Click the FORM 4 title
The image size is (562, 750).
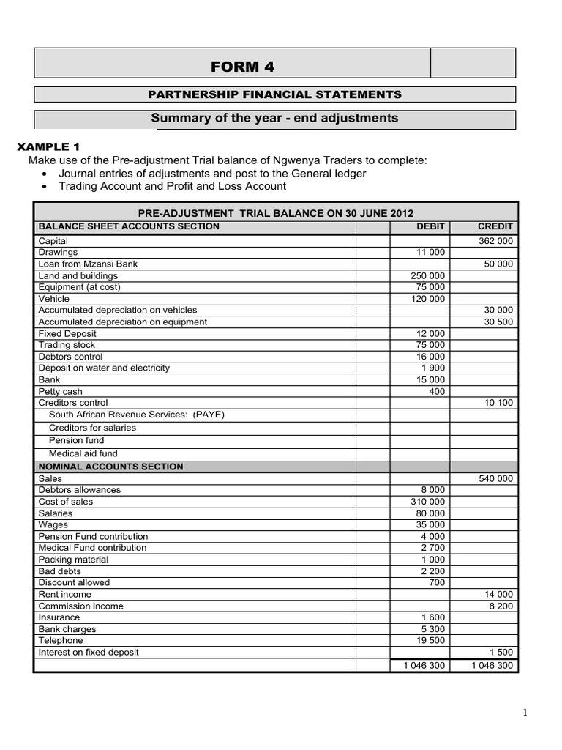pyautogui.click(x=242, y=67)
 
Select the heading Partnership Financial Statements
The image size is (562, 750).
pyautogui.click(x=274, y=94)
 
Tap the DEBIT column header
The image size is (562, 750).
pyautogui.click(x=430, y=227)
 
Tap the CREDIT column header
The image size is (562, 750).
pyautogui.click(x=495, y=227)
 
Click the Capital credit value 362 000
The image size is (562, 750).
pyautogui.click(x=495, y=241)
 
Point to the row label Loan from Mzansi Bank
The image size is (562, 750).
pyautogui.click(x=88, y=264)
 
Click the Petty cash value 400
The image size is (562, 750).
pyautogui.click(x=437, y=392)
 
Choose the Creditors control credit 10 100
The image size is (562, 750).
pyautogui.click(x=498, y=404)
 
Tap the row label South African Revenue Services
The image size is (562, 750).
pyautogui.click(x=136, y=415)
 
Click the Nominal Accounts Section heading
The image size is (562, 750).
pyautogui.click(x=110, y=467)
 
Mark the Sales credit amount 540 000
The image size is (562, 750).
pyautogui.click(x=495, y=479)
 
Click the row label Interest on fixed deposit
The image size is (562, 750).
pyautogui.click(x=89, y=653)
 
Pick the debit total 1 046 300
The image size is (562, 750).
pyautogui.click(x=423, y=666)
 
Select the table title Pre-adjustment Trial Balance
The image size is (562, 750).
pyautogui.click(x=275, y=213)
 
